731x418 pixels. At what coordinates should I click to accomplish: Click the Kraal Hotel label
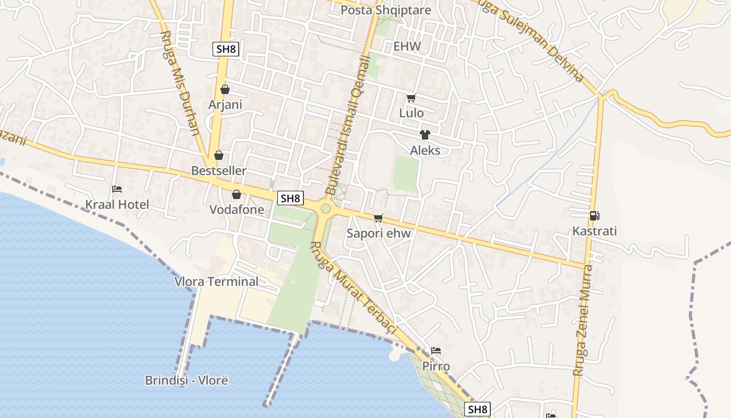point(117,204)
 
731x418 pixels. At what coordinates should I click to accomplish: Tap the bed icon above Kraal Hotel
point(117,189)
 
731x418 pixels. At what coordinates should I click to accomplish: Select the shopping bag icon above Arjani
point(225,89)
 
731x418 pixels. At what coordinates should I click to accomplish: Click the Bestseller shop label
point(218,171)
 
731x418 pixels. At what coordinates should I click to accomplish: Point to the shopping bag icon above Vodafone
point(237,194)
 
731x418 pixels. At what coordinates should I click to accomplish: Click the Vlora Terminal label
point(216,282)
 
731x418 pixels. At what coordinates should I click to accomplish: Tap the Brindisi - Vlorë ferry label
point(186,380)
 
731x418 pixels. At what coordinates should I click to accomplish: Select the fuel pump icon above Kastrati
point(594,215)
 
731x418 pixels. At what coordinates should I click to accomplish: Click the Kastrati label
point(594,231)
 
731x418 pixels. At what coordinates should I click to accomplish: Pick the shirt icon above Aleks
point(425,135)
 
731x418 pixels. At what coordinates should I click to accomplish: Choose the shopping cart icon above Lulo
point(411,98)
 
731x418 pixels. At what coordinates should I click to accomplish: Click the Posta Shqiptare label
point(385,10)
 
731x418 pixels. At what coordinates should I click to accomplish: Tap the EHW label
point(407,47)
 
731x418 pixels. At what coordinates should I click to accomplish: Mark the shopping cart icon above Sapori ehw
point(379,218)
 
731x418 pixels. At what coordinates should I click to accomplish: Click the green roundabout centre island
point(326,209)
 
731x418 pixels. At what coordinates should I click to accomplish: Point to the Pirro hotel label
point(436,366)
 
